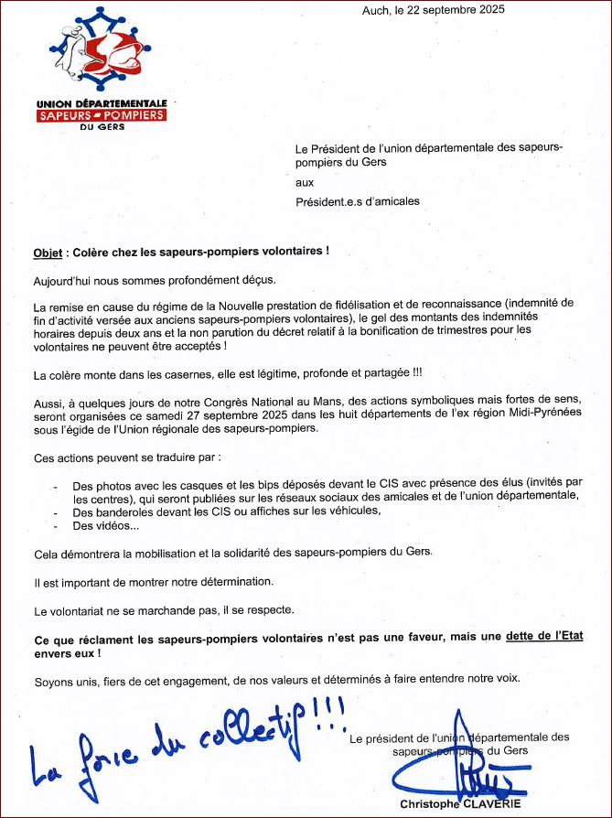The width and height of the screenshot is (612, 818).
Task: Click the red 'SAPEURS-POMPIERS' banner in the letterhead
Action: point(102,115)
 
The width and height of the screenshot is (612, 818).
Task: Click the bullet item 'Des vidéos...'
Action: point(106,525)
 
